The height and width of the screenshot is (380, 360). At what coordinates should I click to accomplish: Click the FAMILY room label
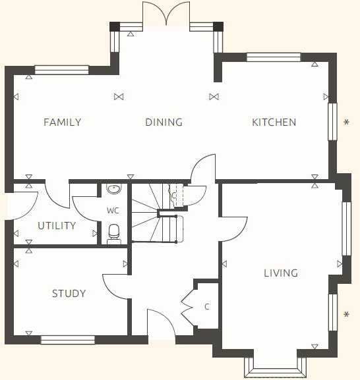(62, 122)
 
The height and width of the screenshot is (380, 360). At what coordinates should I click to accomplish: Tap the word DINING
(164, 122)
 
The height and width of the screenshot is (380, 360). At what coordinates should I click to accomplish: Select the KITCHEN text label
(274, 122)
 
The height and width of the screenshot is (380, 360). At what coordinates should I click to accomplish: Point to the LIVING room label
(280, 273)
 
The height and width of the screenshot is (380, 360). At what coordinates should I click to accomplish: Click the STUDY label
(69, 294)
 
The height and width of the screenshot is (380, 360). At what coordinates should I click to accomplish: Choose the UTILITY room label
(56, 226)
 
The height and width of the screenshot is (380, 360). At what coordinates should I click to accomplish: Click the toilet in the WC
(114, 233)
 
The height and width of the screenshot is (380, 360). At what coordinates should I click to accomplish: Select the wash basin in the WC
(114, 190)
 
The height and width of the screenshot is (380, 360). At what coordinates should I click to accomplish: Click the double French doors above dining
(167, 14)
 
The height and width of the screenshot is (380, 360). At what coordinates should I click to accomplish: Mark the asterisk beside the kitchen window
(347, 122)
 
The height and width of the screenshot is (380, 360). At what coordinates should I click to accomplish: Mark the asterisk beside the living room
(347, 315)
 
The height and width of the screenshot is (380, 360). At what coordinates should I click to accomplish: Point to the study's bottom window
(67, 340)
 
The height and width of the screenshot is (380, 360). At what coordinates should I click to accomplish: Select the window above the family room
(61, 69)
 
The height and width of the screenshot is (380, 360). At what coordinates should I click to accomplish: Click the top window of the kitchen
(273, 57)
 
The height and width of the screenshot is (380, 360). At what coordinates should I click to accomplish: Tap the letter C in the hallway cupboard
(207, 307)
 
